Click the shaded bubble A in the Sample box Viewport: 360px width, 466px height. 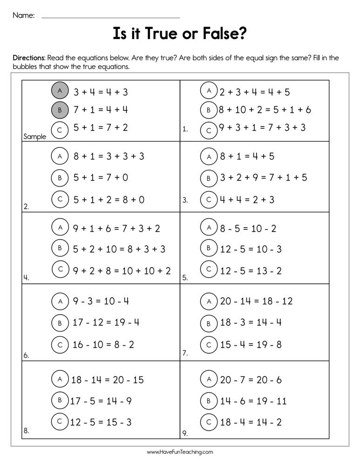(x=60, y=90)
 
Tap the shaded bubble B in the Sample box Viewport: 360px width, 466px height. (x=60, y=110)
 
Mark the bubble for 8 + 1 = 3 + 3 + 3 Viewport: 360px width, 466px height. (x=60, y=157)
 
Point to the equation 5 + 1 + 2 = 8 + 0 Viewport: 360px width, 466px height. (x=109, y=199)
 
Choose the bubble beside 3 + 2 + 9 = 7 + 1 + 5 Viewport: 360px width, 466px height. (x=209, y=178)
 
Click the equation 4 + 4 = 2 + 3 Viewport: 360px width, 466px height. (x=247, y=199)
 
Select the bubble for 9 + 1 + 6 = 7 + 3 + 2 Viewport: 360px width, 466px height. (x=60, y=227)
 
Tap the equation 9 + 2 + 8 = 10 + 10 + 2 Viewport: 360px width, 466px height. (x=122, y=270)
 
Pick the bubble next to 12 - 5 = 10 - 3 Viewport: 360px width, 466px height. (x=209, y=248)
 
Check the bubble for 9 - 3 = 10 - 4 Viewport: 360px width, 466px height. (x=60, y=302)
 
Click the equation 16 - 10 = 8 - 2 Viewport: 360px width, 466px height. (x=103, y=345)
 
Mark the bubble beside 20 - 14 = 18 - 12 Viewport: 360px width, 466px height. (x=209, y=302)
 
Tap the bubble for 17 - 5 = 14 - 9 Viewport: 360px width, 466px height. (x=60, y=400)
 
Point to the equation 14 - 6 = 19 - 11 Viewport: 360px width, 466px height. (x=253, y=401)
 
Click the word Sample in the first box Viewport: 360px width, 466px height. (x=34, y=137)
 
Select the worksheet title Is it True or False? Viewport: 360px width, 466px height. (x=180, y=34)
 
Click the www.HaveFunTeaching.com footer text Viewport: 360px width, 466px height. (x=180, y=452)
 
